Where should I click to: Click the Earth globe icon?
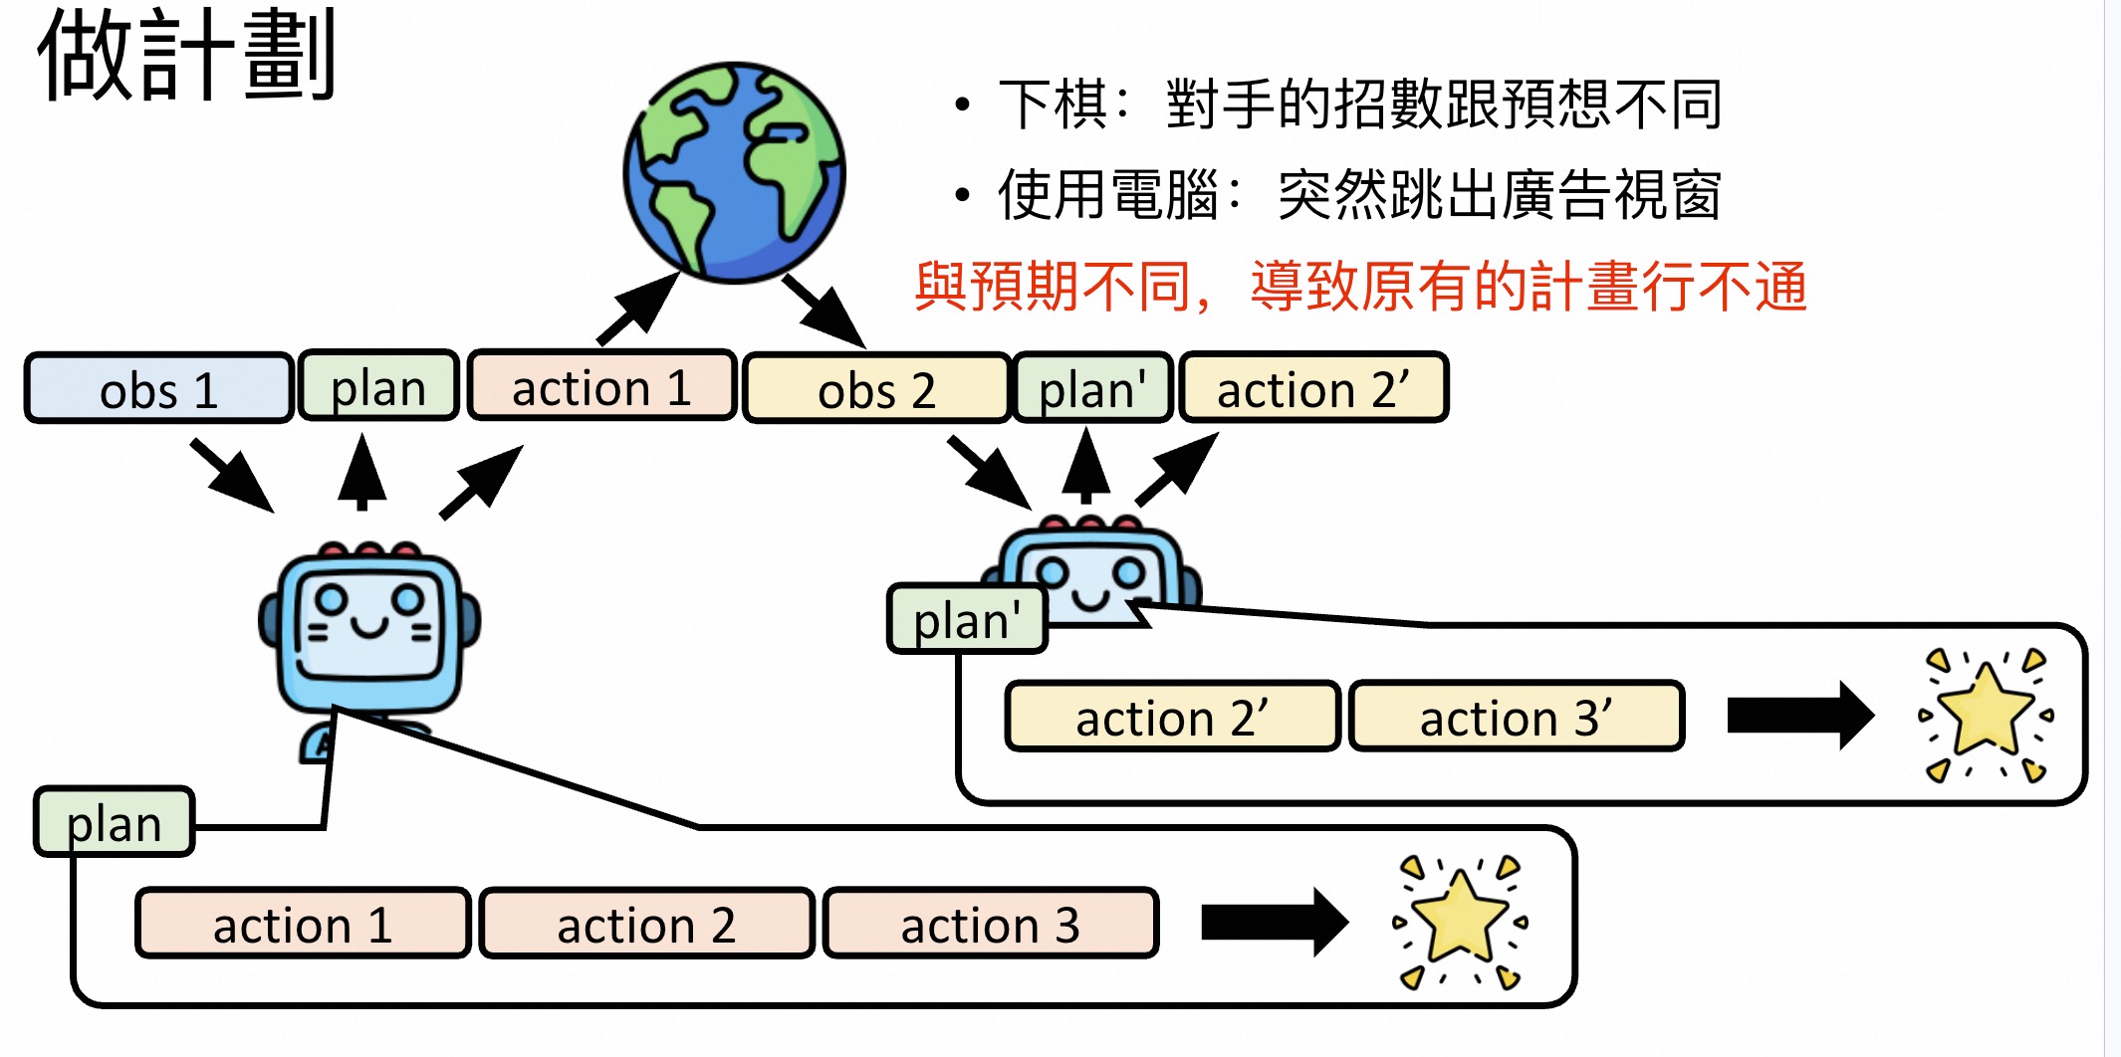pyautogui.click(x=735, y=172)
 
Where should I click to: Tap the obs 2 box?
pyautogui.click(x=876, y=389)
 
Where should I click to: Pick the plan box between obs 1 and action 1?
pyautogui.click(x=378, y=387)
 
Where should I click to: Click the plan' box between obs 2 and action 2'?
pyautogui.click(x=1092, y=388)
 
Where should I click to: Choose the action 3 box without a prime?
pyautogui.click(x=990, y=925)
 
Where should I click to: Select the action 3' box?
pyautogui.click(x=1516, y=717)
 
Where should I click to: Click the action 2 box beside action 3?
pyautogui.click(x=646, y=925)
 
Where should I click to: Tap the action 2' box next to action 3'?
pyautogui.click(x=1172, y=717)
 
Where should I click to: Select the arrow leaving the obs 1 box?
pyautogui.click(x=232, y=475)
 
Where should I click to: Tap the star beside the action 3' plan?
pyautogui.click(x=1986, y=715)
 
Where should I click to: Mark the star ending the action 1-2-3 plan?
pyautogui.click(x=1460, y=922)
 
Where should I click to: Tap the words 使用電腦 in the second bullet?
pyautogui.click(x=1108, y=194)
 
